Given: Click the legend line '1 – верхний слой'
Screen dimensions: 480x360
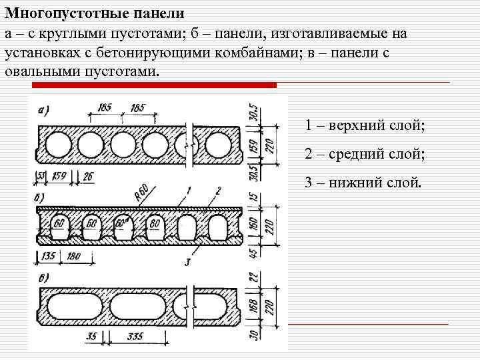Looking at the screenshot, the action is coord(365,125).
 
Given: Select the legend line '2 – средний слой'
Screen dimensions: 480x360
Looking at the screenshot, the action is coord(365,154).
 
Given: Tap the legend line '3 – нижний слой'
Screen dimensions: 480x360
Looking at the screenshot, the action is coord(363,182).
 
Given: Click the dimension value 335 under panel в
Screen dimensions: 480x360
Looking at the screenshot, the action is coord(135,337).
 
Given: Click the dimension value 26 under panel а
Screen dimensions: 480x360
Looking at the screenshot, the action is coord(88,177).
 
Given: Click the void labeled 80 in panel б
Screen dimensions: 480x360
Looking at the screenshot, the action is coord(155,223).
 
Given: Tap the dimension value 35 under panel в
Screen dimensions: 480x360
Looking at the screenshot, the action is coord(92,337).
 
